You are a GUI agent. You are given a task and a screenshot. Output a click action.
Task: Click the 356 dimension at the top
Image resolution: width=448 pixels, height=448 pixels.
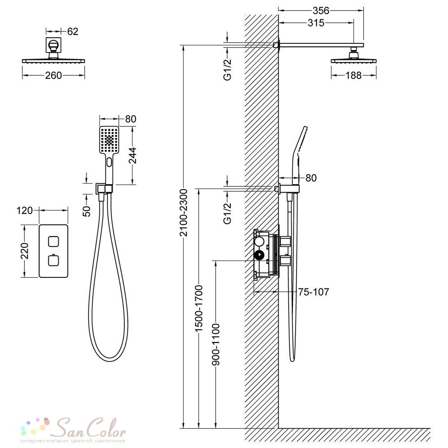click(x=321, y=11)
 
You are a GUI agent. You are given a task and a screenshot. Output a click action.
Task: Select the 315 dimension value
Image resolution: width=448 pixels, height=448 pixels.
click(x=316, y=23)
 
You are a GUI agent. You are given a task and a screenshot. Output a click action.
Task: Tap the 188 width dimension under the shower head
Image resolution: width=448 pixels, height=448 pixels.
click(x=353, y=75)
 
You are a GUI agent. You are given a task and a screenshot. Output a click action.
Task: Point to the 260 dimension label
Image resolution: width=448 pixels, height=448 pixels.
click(x=53, y=75)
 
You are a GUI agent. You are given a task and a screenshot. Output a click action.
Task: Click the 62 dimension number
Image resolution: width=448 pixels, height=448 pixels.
click(x=73, y=31)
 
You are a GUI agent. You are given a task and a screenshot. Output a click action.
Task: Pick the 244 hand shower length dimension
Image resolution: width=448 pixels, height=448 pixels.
click(x=132, y=155)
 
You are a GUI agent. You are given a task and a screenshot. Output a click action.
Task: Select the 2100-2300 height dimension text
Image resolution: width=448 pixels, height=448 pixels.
click(x=183, y=212)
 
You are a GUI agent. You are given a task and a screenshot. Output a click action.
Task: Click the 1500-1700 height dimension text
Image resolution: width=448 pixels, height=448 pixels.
click(x=198, y=308)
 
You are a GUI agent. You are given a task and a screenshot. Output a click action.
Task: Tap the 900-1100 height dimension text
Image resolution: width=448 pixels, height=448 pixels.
click(x=216, y=345)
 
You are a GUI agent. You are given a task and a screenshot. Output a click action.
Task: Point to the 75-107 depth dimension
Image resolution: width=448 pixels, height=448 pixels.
click(x=314, y=292)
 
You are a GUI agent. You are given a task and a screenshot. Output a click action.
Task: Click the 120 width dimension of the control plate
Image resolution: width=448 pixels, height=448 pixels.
click(x=25, y=211)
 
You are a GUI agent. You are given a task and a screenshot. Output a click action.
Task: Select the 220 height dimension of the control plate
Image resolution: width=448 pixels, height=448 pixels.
click(x=25, y=251)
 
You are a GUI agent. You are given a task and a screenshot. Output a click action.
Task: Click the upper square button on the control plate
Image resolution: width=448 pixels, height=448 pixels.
click(x=53, y=241)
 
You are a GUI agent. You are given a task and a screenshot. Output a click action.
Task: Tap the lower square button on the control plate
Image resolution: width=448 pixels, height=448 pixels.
click(x=53, y=260)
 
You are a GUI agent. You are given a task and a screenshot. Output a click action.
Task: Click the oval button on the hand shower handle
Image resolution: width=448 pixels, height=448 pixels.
click(x=109, y=162)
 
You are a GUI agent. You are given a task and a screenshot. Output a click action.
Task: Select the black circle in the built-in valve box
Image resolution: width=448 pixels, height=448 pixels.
click(x=259, y=255)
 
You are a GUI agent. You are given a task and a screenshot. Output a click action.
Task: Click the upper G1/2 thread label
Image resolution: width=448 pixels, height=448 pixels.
click(x=228, y=70)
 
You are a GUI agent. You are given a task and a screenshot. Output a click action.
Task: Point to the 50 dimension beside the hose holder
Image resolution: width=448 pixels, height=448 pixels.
click(x=86, y=211)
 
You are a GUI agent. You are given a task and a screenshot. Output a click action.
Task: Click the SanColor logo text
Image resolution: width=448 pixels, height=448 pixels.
click(x=91, y=428)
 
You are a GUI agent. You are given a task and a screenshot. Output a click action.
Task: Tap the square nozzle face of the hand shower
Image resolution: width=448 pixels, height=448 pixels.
click(x=109, y=140)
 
